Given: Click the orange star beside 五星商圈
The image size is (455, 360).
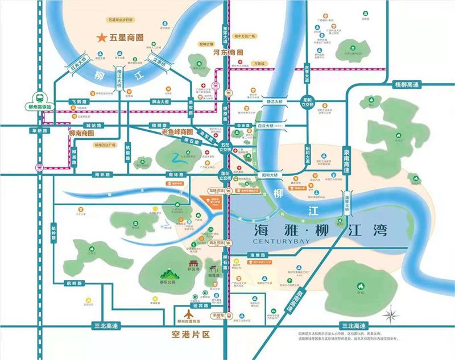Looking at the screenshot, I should (x=101, y=38).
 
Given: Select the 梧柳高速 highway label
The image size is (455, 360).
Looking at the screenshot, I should (x=409, y=85).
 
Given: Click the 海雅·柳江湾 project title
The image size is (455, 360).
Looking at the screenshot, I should (x=318, y=230).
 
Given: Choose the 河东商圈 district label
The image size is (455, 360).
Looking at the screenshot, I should (x=228, y=52).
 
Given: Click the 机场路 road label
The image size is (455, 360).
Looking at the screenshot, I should (x=218, y=314).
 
